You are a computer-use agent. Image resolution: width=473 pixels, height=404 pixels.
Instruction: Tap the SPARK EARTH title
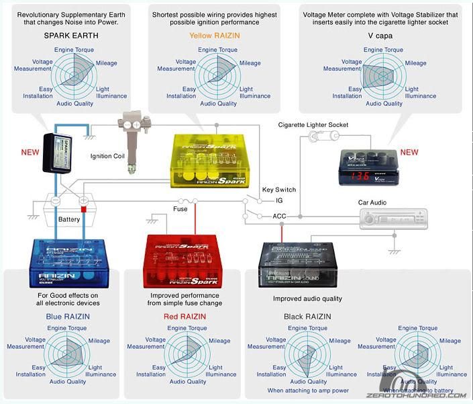pos(71,35)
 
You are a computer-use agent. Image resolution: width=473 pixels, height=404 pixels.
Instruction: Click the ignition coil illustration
pos(133,132)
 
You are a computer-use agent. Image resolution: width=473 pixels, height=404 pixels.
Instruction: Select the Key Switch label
pos(278,190)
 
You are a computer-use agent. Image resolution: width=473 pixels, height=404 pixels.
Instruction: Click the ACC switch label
pos(280,216)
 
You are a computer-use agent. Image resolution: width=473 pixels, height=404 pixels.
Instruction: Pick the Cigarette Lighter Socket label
pos(313,124)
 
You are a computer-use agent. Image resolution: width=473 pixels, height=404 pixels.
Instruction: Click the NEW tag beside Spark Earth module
pos(30,152)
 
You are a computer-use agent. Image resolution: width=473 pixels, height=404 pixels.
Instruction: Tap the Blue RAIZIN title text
pos(68,316)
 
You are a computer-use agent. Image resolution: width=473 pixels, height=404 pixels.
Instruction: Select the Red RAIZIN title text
pos(185,316)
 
